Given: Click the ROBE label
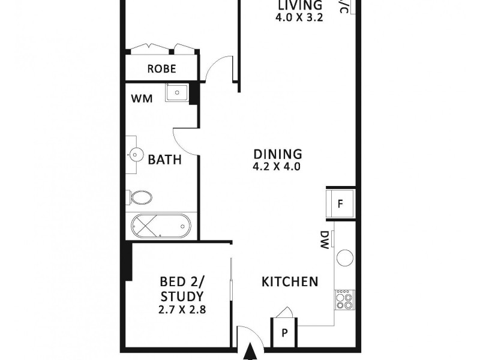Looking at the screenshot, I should [x=161, y=69].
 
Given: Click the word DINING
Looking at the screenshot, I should [x=277, y=154].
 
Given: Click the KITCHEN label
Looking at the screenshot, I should [x=289, y=281].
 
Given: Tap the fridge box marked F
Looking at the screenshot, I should [x=340, y=203].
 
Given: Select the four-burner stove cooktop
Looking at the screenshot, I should [x=345, y=299].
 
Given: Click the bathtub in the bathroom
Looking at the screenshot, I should [x=160, y=227].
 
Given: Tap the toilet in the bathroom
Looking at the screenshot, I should [x=140, y=197].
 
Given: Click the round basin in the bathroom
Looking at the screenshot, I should [x=134, y=155].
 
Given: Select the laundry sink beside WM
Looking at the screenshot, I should [x=176, y=93].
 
